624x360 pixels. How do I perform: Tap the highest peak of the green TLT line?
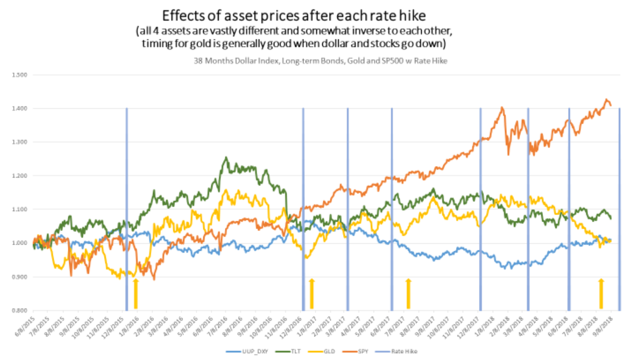(x=226, y=158)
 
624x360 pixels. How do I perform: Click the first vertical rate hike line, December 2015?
(x=127, y=209)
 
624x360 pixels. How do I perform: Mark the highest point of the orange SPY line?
(x=607, y=99)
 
